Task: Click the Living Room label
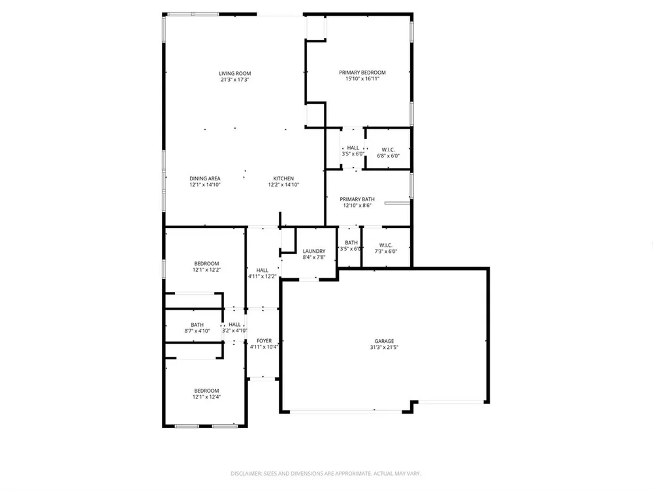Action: coord(235,74)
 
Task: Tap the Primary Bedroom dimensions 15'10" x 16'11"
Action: coord(362,79)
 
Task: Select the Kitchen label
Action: coord(283,179)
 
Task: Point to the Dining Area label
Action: coord(205,179)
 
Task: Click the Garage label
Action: coord(384,341)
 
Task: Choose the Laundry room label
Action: coord(314,252)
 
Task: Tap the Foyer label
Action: coord(264,341)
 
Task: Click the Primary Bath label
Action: coord(357,199)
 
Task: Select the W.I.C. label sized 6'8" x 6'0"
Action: coord(388,150)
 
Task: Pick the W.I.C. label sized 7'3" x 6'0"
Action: coord(386,246)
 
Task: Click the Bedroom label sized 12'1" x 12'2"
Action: coord(206,264)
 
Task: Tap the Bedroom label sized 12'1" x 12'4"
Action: coord(206,391)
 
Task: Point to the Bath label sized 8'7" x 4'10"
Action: coord(197,325)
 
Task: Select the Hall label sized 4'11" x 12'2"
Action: coord(263,270)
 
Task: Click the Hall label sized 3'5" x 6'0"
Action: coord(353,148)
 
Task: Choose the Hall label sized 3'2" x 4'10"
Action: coord(234,325)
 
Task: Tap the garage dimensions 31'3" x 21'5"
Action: coord(384,348)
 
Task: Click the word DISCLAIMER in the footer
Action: coord(246,474)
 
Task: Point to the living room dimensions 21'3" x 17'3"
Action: coord(235,80)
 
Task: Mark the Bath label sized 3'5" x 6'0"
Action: coord(351,243)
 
